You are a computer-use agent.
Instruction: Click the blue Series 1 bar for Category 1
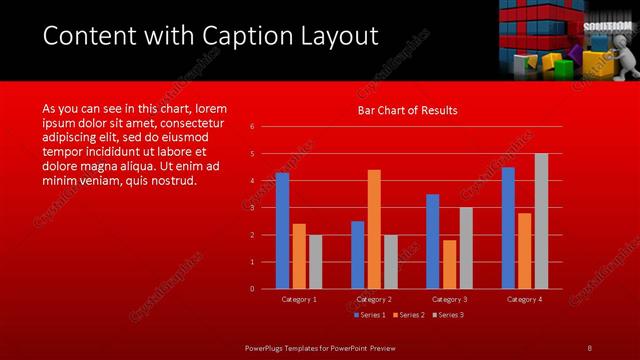click(282, 231)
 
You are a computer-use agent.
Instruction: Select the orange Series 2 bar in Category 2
click(374, 229)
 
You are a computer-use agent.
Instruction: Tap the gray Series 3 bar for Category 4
click(541, 221)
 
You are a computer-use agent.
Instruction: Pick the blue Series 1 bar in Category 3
click(432, 241)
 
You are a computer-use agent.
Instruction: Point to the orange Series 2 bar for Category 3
click(449, 264)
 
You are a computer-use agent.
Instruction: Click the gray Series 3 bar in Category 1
click(315, 262)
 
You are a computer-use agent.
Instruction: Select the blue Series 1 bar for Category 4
click(508, 228)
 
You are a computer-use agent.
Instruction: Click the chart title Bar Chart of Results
click(408, 111)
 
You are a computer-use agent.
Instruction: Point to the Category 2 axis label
click(374, 299)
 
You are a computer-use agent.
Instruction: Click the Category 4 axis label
click(524, 299)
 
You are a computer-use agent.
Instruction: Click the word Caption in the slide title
click(237, 36)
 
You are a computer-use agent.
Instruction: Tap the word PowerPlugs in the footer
click(266, 347)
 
